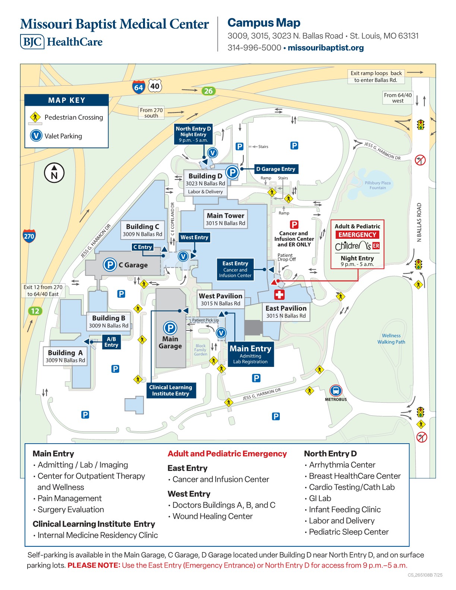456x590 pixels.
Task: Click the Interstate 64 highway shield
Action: [x=138, y=87]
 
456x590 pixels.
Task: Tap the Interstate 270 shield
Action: [x=29, y=236]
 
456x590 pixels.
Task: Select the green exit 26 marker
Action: [x=208, y=91]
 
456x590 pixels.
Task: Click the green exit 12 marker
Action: [x=35, y=311]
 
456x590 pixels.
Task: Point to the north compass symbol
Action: [x=54, y=173]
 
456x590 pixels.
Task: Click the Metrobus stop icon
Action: [x=336, y=391]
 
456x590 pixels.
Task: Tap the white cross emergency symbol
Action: [x=279, y=295]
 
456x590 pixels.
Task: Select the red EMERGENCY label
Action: [x=357, y=235]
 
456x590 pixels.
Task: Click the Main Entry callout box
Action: [x=251, y=354]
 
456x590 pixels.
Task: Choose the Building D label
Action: [x=205, y=176]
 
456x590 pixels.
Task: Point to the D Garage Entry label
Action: [x=276, y=169]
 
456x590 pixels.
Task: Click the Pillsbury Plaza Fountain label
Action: [x=377, y=185]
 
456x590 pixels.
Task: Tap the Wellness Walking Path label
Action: [x=391, y=339]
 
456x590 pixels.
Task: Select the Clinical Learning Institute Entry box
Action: [x=171, y=390]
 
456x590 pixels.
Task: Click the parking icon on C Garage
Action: [x=110, y=265]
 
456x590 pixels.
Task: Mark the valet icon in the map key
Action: [x=36, y=136]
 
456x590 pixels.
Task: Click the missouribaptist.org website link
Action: [x=326, y=48]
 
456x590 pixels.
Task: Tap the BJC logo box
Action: [x=32, y=42]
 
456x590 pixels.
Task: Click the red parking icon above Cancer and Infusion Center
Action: [x=294, y=224]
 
